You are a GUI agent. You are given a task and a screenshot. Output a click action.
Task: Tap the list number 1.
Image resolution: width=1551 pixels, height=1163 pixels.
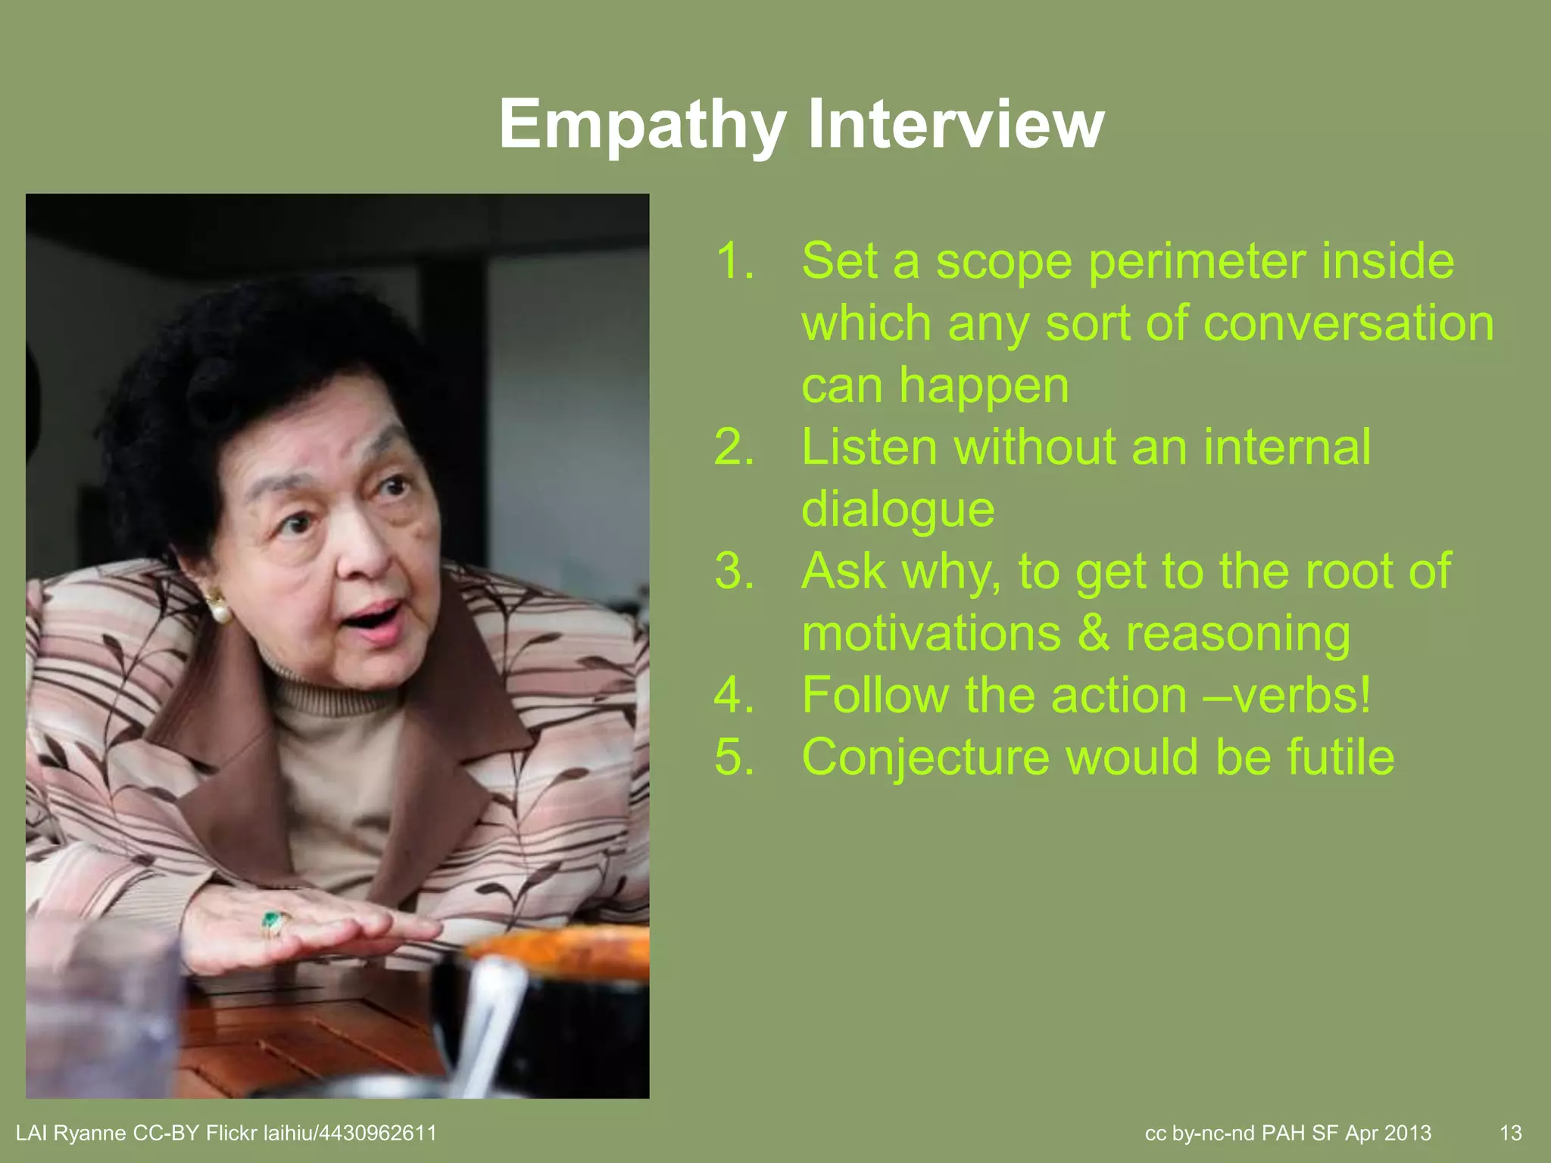pos(734,261)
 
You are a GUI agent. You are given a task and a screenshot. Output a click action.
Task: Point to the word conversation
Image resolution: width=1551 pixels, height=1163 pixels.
pos(1348,324)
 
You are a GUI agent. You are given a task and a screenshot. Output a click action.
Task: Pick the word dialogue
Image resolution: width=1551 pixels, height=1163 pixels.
pos(897,510)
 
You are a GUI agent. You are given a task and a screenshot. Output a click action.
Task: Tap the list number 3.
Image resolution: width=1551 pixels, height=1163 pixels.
pos(734,572)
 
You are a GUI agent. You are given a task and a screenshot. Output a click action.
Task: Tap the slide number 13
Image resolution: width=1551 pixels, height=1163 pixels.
pos(1510,1133)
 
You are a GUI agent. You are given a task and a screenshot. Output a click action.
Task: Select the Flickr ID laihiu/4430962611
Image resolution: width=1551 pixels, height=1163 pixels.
pos(349,1133)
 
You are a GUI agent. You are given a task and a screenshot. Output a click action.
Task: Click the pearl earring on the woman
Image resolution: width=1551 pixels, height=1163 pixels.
pos(219,607)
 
